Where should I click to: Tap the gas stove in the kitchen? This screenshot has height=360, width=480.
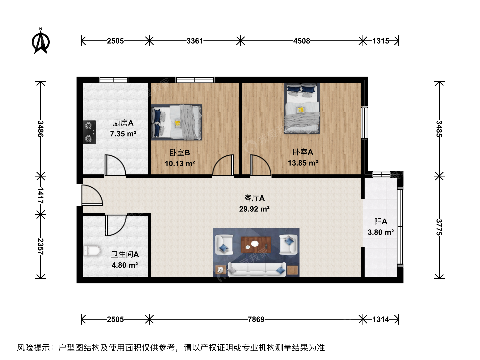pos(89,132)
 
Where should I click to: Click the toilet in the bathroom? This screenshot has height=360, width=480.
pos(92,251)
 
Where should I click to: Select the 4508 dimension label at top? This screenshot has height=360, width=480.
pos(302,41)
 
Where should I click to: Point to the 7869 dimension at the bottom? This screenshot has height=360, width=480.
pos(256,320)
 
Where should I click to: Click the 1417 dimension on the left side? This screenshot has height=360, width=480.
pos(41,195)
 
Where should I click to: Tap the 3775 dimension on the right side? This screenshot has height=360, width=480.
pos(439,227)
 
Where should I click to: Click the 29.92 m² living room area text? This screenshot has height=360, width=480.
pos(254,209)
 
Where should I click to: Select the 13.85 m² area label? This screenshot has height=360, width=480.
pos(303,163)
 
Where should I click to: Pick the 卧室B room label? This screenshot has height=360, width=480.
pos(180,153)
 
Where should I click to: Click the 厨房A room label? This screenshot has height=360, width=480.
pos(123,123)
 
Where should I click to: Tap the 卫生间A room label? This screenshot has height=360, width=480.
pos(125,254)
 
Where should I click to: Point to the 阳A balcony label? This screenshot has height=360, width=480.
pos(381,222)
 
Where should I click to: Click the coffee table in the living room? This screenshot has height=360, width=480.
pos(256,245)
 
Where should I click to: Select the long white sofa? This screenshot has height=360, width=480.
pos(257,270)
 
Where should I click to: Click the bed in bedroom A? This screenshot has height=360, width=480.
pos(302,109)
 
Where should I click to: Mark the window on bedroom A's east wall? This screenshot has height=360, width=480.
pos(364,123)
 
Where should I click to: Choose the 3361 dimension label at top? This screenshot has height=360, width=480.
pos(195,41)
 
